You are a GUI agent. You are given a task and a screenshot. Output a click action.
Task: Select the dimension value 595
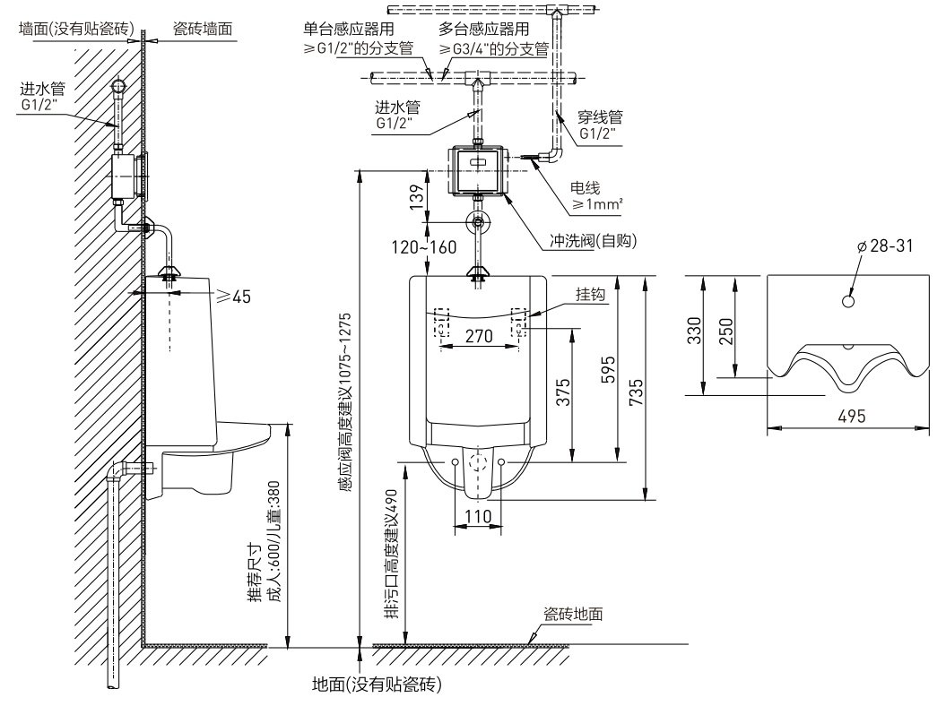(x=609, y=369)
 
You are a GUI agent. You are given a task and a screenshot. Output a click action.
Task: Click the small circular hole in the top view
(x=847, y=301)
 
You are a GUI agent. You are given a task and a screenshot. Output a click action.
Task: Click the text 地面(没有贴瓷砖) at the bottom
(x=375, y=684)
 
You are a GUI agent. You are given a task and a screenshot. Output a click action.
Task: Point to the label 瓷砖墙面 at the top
(x=202, y=29)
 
